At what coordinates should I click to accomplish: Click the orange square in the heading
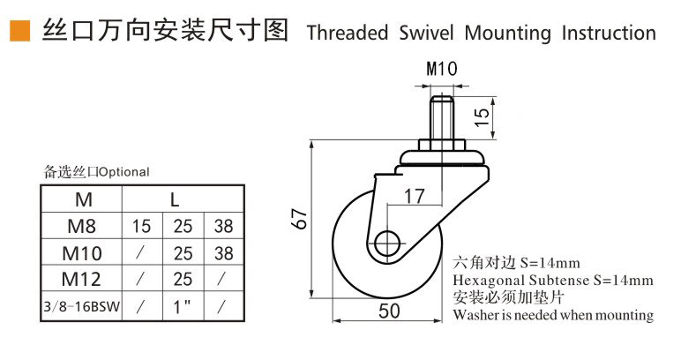pyautogui.click(x=20, y=31)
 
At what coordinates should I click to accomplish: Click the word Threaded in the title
pyautogui.click(x=348, y=33)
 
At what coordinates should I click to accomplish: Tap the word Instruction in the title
pyautogui.click(x=609, y=33)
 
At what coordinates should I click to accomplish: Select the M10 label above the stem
pyautogui.click(x=442, y=69)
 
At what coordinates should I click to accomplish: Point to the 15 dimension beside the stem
pyautogui.click(x=482, y=116)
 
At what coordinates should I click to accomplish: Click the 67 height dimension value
pyautogui.click(x=301, y=219)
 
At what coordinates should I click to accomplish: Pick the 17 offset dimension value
pyautogui.click(x=414, y=196)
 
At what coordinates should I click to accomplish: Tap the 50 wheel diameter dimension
pyautogui.click(x=389, y=311)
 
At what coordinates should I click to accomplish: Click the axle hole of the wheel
pyautogui.click(x=387, y=244)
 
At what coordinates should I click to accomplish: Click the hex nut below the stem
pyautogui.click(x=442, y=146)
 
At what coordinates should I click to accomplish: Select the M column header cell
pyautogui.click(x=82, y=199)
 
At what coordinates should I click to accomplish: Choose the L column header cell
pyautogui.click(x=183, y=199)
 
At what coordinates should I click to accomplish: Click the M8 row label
pyautogui.click(x=82, y=226)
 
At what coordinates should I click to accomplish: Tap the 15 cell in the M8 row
pyautogui.click(x=142, y=226)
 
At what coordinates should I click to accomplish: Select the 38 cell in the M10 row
pyautogui.click(x=223, y=253)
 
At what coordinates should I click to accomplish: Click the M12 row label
pyautogui.click(x=82, y=279)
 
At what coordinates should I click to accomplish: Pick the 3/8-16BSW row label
pyautogui.click(x=82, y=306)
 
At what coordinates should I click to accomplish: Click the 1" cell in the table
pyautogui.click(x=182, y=306)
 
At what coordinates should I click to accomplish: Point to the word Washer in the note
pyautogui.click(x=474, y=315)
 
